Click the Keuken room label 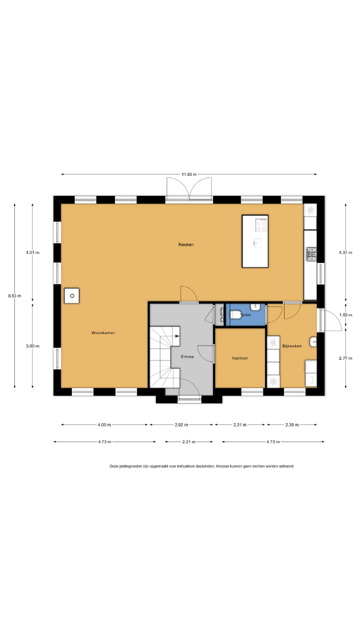click(x=186, y=245)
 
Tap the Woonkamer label click(x=103, y=333)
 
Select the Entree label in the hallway click(x=187, y=357)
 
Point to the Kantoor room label click(x=240, y=358)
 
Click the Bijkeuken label click(x=292, y=346)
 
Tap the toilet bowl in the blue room click(x=235, y=315)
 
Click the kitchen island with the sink click(x=255, y=241)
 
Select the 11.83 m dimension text click(x=189, y=174)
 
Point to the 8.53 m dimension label click(x=15, y=296)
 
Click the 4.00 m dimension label click(x=104, y=425)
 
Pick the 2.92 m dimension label click(x=181, y=425)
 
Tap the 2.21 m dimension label click(x=189, y=442)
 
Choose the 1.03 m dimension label click(x=346, y=315)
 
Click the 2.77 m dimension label click(x=346, y=358)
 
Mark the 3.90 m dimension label click(x=33, y=346)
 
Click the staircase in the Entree click(x=165, y=357)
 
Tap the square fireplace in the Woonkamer click(x=72, y=296)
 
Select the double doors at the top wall click(x=189, y=189)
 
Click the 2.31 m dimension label click(x=240, y=425)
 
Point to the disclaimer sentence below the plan click(x=202, y=466)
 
